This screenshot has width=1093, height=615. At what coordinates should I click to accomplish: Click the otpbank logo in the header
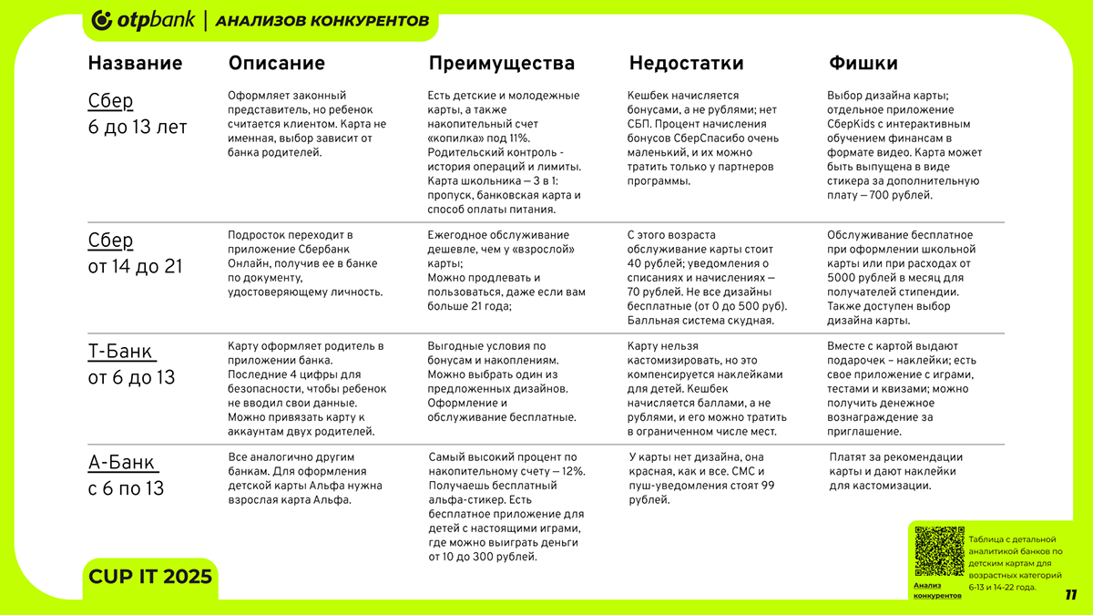[x=144, y=20]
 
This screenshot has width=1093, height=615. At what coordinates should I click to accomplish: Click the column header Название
[x=135, y=64]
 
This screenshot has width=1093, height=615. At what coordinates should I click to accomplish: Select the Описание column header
[x=276, y=64]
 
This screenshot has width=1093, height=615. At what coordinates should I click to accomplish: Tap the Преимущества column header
[x=501, y=64]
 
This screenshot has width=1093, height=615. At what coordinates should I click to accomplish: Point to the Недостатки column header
[x=686, y=64]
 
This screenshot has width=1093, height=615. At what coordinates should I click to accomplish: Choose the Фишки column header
[x=863, y=64]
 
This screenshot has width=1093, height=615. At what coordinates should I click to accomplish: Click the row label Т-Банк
[x=120, y=352]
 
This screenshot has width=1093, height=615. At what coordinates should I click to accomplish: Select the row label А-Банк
[x=121, y=463]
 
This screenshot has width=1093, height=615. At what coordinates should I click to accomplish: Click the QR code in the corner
[x=938, y=551]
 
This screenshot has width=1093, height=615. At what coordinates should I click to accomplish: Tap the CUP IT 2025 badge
[x=150, y=577]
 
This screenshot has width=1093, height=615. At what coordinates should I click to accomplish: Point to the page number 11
[x=1070, y=595]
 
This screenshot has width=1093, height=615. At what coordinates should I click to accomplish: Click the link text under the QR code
[x=936, y=589]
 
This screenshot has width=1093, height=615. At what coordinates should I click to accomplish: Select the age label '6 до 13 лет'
[x=137, y=127]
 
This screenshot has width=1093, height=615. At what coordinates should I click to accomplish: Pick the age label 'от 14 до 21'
[x=136, y=266]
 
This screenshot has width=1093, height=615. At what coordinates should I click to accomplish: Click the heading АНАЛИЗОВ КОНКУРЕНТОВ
[x=322, y=21]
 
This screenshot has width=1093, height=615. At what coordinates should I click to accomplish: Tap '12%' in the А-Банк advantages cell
[x=572, y=471]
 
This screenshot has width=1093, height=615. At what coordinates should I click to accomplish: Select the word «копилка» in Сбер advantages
[x=453, y=138]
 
